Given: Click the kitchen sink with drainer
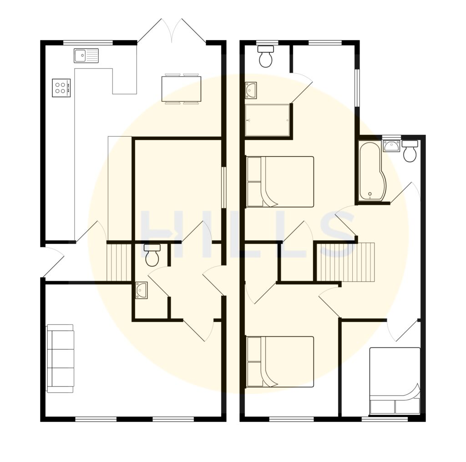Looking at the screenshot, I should click(86, 55).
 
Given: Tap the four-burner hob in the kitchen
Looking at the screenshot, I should click(61, 88).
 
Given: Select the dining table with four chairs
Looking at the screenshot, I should click(181, 89).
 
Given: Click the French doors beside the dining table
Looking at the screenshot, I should click(172, 32).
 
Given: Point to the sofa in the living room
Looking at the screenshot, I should click(60, 358).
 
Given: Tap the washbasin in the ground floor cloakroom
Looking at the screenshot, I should click(141, 290).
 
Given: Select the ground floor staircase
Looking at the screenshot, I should click(118, 263).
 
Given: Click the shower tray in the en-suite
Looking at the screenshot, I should click(267, 120).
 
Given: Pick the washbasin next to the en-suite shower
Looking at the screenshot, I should click(251, 90).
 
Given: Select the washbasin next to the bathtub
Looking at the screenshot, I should click(391, 145).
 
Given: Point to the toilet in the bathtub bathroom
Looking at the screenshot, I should click(410, 151).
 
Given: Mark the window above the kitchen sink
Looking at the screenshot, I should click(88, 43).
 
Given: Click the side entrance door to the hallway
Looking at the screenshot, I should click(52, 262).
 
